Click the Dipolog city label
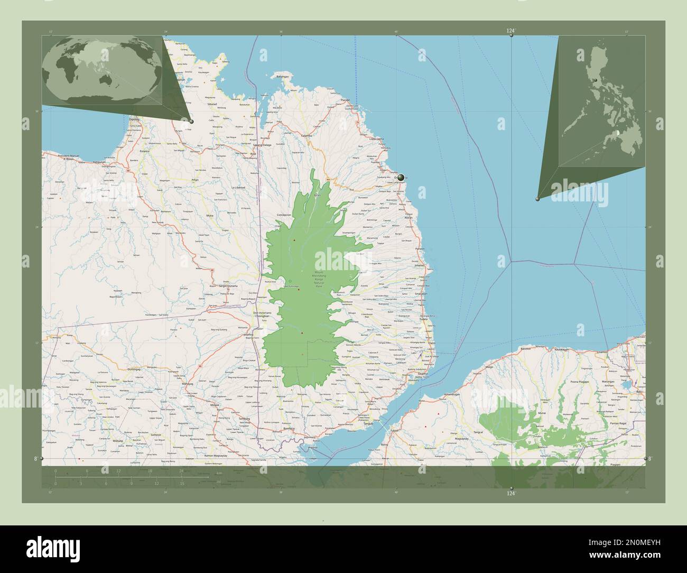[134, 119]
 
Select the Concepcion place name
[284, 215]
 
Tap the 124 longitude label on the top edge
[510, 31]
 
